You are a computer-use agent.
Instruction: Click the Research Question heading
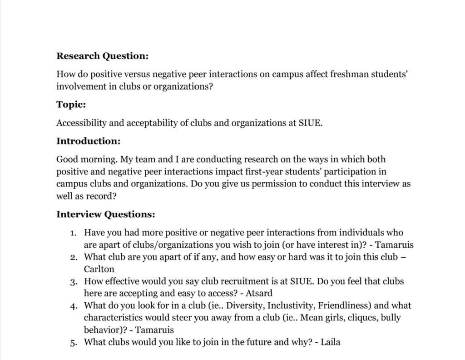tap(102, 56)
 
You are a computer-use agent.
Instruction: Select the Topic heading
tap(71, 105)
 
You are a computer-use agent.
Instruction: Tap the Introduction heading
tap(88, 141)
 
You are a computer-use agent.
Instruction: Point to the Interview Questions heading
tap(105, 214)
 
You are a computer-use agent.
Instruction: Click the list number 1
tap(73, 233)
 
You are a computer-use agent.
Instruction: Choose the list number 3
tap(73, 282)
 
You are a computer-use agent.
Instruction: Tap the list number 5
tap(73, 343)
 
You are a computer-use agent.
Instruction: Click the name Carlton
tap(99, 269)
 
